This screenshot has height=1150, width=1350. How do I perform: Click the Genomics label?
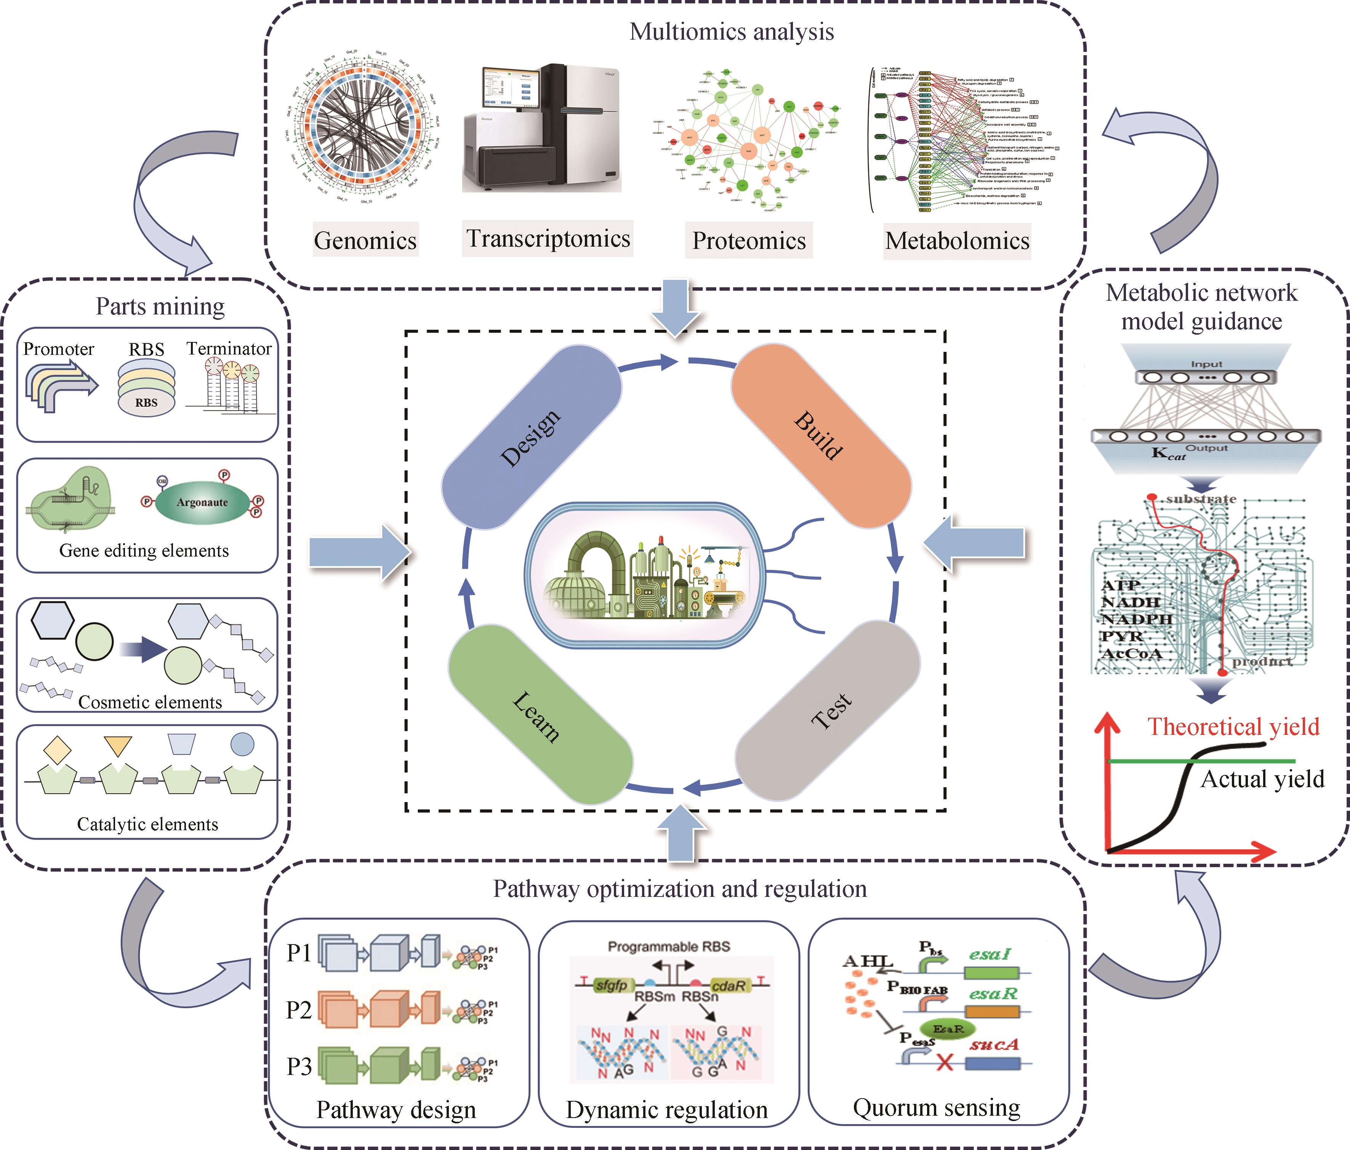coord(365,240)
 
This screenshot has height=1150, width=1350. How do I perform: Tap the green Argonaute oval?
coord(202,502)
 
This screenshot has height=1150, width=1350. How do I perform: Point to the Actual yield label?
coord(1262,778)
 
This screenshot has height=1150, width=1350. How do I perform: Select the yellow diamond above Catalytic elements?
coord(57,751)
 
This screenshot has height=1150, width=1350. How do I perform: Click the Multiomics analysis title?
coord(731,31)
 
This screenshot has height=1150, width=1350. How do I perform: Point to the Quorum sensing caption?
coord(936,1107)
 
